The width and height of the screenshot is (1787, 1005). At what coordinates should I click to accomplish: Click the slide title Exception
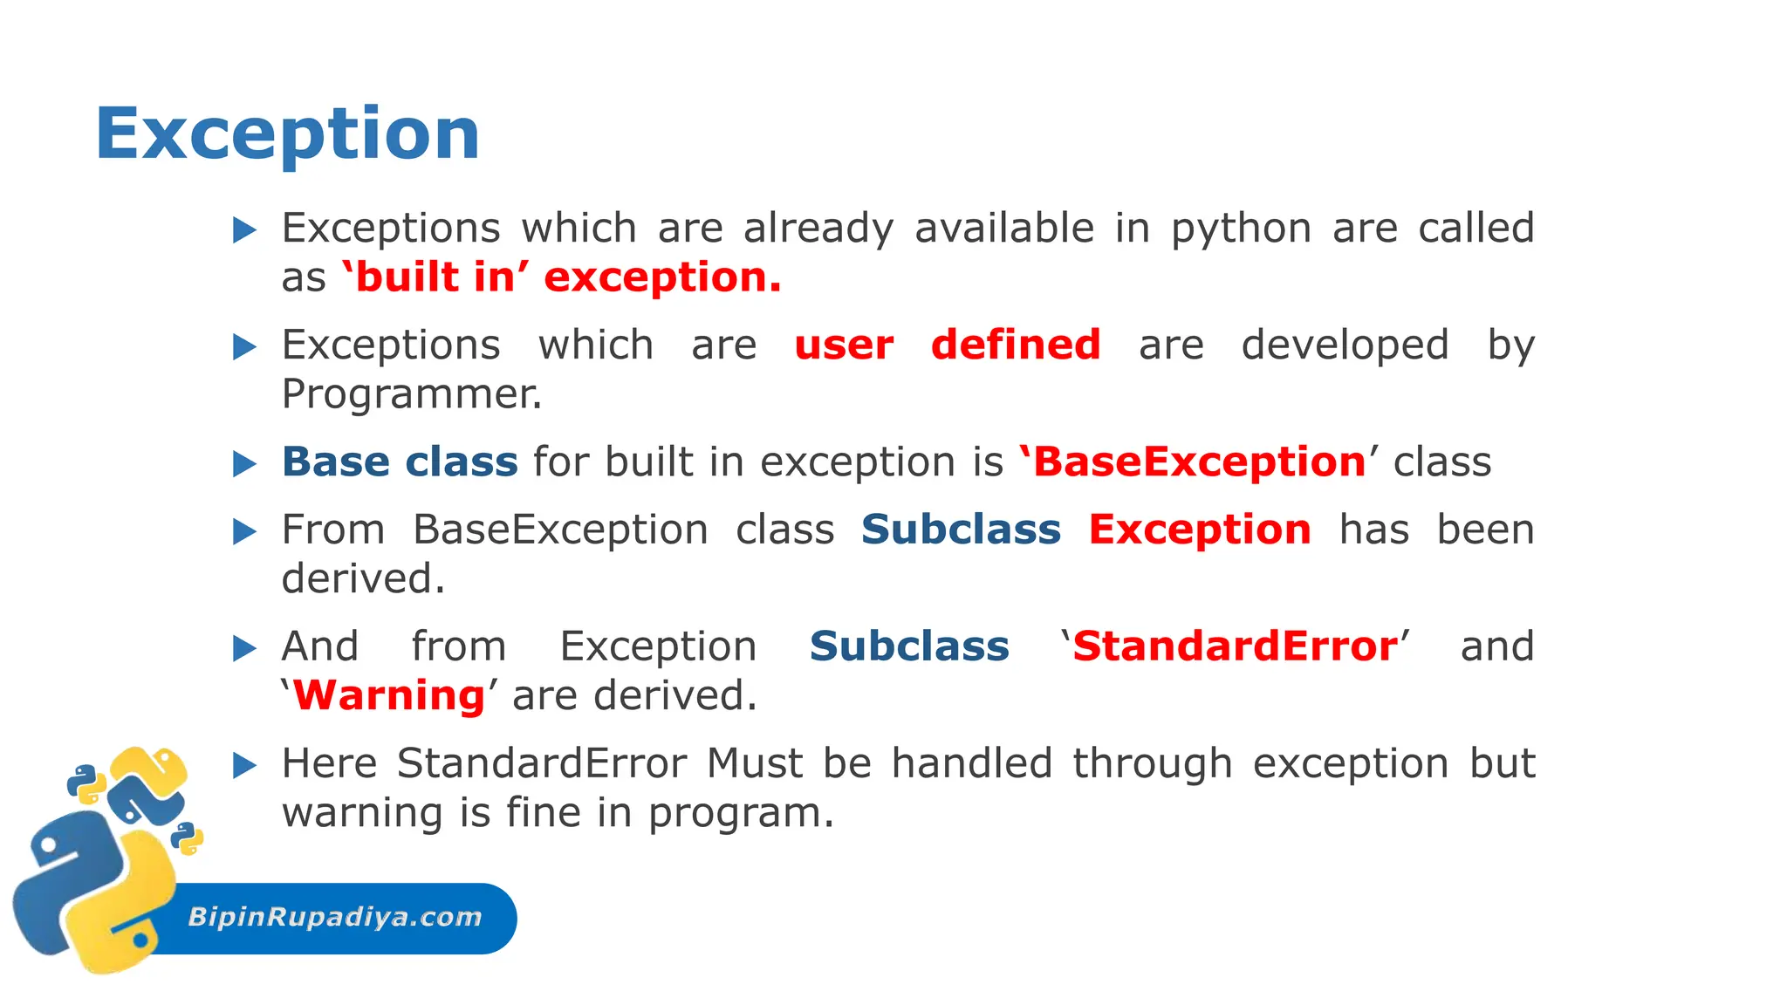[287, 133]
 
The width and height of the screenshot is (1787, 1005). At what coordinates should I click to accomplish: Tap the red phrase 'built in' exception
[561, 277]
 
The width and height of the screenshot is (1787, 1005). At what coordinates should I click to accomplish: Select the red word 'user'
[844, 345]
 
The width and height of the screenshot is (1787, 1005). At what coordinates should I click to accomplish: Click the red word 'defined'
[1015, 345]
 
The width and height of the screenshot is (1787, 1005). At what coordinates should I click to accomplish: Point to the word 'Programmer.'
[412, 394]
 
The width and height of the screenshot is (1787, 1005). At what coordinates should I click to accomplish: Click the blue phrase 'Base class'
[400, 461]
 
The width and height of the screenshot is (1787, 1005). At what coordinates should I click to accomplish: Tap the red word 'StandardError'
[1235, 646]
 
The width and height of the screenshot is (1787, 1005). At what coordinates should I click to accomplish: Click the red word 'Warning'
[388, 696]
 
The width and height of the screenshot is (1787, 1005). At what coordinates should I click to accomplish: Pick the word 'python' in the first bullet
[1241, 229]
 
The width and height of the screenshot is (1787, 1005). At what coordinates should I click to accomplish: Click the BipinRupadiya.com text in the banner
[335, 917]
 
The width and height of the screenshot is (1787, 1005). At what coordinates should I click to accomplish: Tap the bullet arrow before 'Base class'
[244, 463]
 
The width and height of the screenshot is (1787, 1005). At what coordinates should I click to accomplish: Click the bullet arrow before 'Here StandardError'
[244, 766]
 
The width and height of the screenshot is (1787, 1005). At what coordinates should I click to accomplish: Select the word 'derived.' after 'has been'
[363, 579]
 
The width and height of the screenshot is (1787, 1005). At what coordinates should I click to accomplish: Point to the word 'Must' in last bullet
[754, 764]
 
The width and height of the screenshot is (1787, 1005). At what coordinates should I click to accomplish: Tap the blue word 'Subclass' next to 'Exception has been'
[961, 530]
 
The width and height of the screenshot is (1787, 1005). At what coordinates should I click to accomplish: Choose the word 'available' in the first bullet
[1004, 229]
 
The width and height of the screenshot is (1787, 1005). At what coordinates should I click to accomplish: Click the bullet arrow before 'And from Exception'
[244, 648]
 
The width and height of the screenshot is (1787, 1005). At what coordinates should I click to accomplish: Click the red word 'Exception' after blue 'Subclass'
[1199, 530]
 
